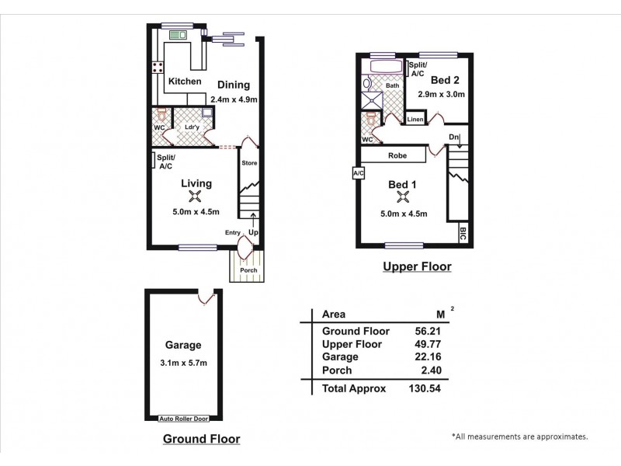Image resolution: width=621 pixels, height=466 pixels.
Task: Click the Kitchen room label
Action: pos(185,82)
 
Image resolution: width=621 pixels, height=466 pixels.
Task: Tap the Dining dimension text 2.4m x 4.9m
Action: pos(233,99)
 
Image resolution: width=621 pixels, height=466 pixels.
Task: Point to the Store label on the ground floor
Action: pos(248,163)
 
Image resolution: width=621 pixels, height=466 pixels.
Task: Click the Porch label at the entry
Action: pos(248,270)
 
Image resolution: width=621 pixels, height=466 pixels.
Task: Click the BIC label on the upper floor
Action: pos(463,232)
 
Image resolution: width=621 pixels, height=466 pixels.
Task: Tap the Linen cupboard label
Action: pos(415,120)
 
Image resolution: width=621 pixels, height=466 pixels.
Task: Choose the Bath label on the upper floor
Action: pos(381,86)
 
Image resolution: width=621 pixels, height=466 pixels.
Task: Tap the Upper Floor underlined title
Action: pos(417,267)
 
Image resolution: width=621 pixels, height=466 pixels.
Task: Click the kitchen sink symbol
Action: pos(176,35)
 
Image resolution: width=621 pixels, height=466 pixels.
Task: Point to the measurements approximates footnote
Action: pos(519,437)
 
